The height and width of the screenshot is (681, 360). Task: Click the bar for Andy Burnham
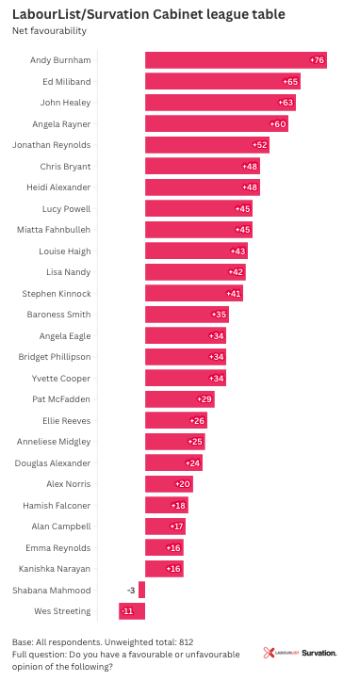click(236, 60)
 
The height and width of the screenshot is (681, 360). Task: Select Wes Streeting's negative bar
click(132, 611)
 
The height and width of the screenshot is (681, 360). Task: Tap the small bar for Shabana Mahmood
click(141, 591)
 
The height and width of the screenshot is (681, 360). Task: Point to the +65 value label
click(290, 82)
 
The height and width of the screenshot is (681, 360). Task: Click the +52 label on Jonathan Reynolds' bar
click(259, 145)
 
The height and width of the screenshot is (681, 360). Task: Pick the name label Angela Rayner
click(61, 124)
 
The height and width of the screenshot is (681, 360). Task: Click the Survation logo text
click(319, 653)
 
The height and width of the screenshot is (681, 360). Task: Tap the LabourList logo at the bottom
click(281, 653)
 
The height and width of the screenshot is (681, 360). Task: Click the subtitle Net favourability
click(49, 31)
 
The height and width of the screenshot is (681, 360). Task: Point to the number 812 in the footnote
click(186, 642)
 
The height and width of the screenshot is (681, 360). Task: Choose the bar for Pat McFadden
click(180, 399)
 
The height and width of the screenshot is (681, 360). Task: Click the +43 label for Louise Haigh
click(237, 251)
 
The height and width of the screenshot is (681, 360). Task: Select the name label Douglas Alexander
click(53, 463)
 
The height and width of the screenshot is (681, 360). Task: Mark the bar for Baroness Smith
click(187, 315)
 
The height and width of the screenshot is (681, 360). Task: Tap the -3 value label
click(131, 591)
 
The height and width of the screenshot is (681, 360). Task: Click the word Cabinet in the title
click(180, 14)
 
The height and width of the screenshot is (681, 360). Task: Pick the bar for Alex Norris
click(169, 484)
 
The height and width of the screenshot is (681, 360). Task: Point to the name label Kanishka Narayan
click(55, 569)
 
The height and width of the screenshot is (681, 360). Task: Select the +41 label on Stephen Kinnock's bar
click(234, 294)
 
